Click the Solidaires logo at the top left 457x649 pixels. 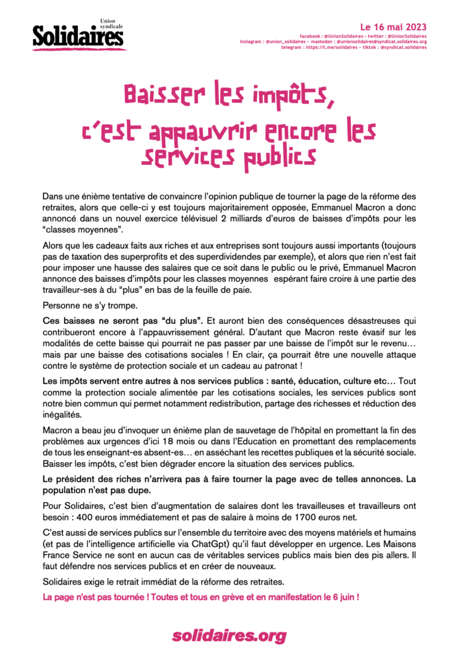point(78,36)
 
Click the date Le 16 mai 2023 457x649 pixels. point(393,27)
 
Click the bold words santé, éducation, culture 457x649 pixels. point(291,382)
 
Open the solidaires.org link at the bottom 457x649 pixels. point(228,634)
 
